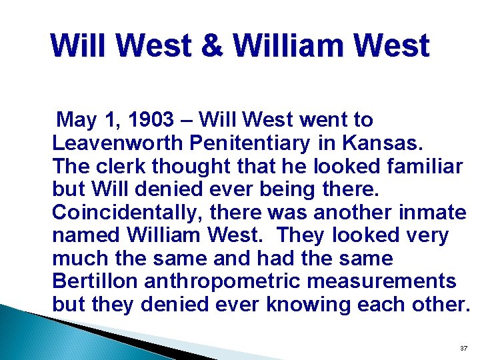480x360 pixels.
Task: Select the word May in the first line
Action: (76, 120)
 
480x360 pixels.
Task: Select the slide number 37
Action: (464, 349)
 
